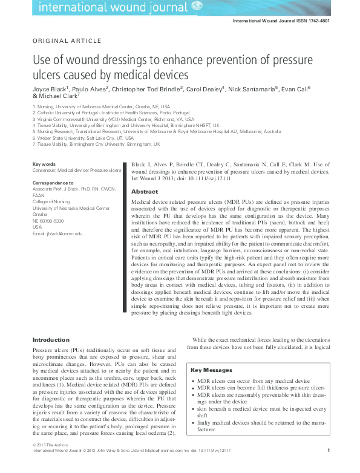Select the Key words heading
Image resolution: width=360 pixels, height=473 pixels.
(44, 165)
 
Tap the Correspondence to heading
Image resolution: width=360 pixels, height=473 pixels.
(53, 182)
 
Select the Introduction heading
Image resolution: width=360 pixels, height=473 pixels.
(51, 340)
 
